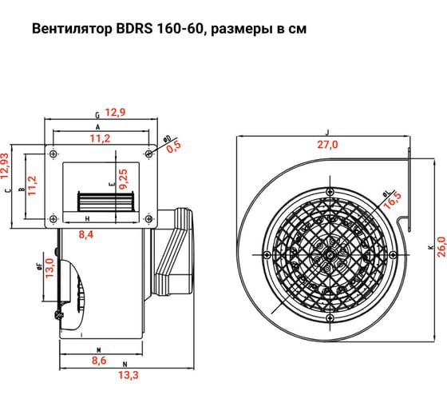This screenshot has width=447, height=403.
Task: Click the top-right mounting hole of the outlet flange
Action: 149,152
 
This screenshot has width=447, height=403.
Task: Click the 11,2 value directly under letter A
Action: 101,139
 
